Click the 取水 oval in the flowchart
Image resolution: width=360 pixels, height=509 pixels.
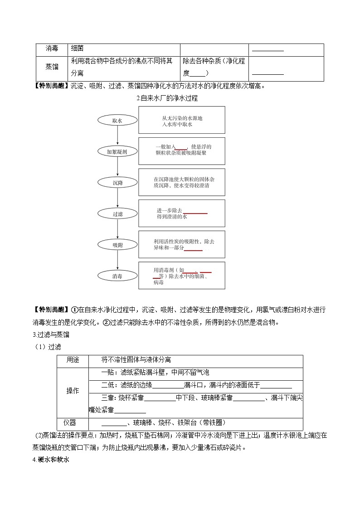point(117,120)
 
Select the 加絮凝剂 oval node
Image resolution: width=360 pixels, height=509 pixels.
point(117,152)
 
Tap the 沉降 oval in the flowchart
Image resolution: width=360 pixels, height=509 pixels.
point(117,183)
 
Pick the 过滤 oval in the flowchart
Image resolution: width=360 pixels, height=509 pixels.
point(117,214)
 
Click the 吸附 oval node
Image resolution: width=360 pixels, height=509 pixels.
point(117,245)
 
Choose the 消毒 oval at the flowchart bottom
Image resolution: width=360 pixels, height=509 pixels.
point(117,276)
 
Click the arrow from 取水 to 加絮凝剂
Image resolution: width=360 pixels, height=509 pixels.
point(117,136)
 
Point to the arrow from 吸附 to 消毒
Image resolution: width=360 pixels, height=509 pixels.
point(117,260)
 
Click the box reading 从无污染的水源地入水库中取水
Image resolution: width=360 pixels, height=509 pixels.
point(181,120)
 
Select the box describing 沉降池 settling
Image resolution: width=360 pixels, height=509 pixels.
point(181,182)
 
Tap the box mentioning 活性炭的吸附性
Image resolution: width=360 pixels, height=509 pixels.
point(181,244)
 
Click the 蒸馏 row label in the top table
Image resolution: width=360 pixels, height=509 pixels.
point(52,66)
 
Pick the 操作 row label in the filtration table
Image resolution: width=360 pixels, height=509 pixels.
point(73,391)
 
